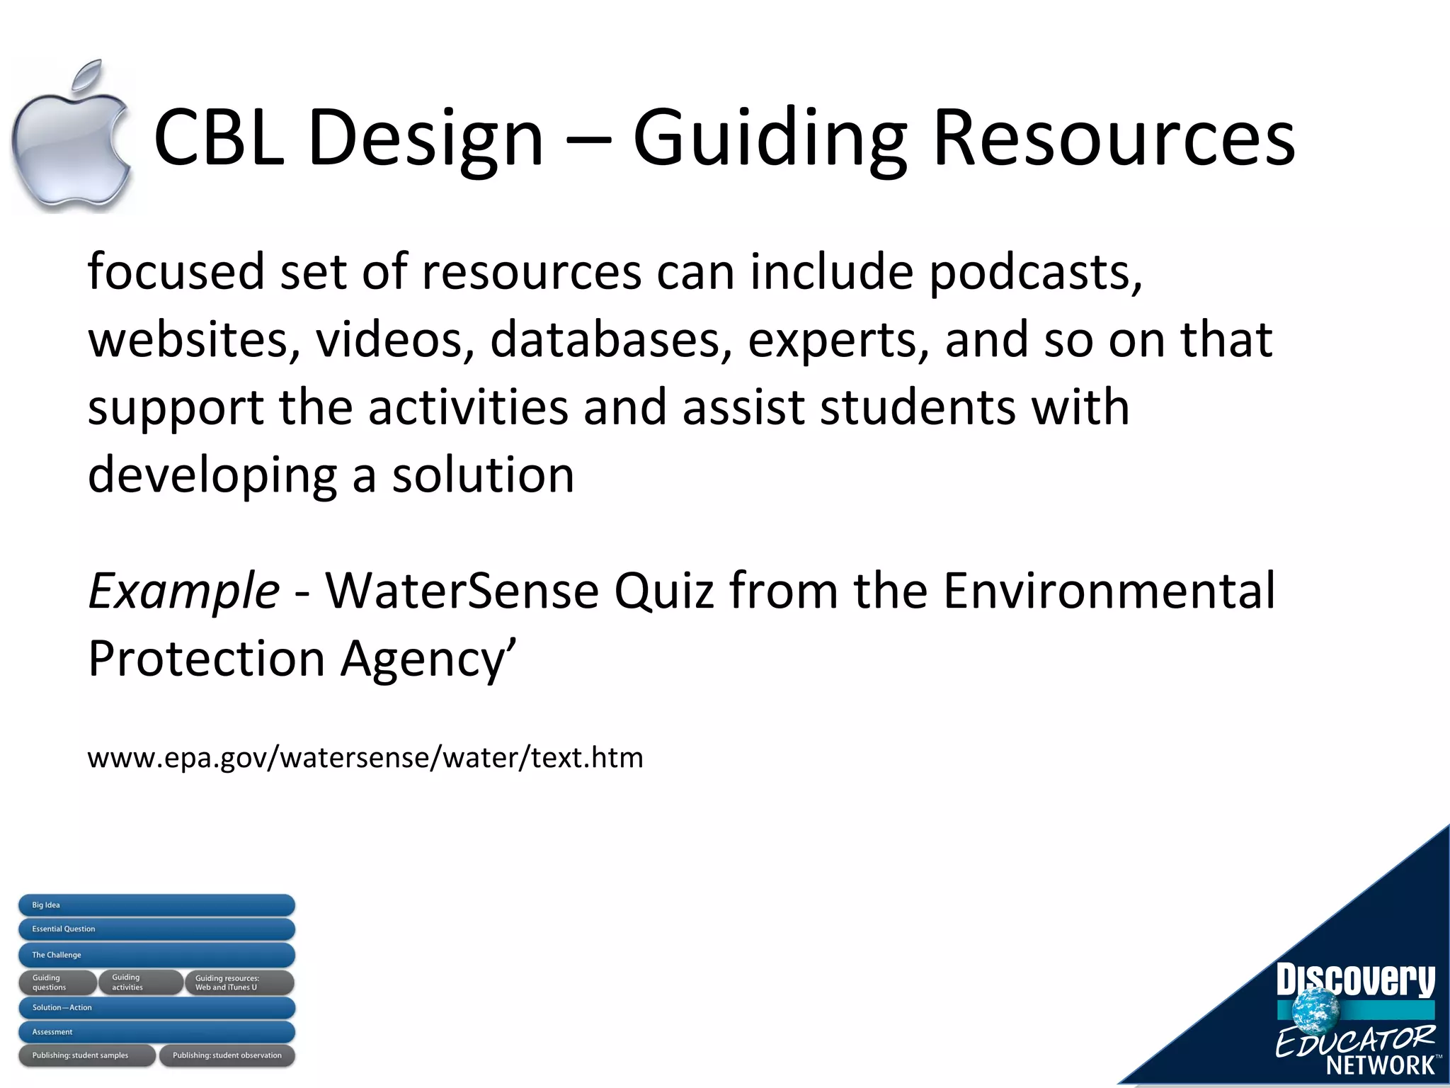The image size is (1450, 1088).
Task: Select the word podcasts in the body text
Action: [1035, 273]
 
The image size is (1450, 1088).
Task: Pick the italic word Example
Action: [183, 591]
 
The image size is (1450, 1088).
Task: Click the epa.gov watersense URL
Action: [365, 758]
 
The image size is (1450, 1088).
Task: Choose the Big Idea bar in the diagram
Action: [156, 905]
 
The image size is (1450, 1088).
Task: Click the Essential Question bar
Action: [156, 929]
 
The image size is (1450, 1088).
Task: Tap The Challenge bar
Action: [156, 955]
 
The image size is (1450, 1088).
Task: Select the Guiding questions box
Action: [57, 982]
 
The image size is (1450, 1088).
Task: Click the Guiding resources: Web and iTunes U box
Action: [239, 982]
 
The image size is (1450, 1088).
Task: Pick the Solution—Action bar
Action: [156, 1007]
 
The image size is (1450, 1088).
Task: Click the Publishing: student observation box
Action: [227, 1055]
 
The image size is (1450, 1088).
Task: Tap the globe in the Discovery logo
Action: [1315, 1010]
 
